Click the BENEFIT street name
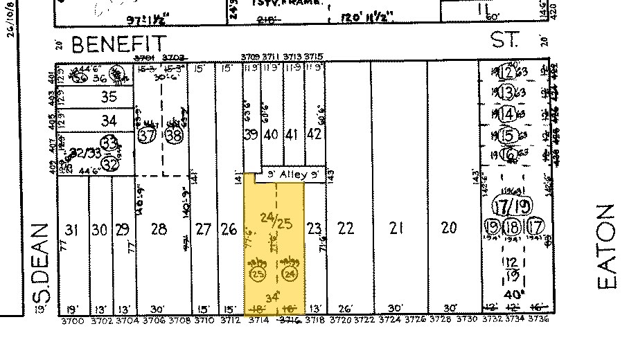point(118,44)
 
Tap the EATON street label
point(605,246)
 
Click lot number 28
point(159,229)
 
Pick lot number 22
point(345,228)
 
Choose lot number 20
point(450,228)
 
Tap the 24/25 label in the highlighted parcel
point(276,222)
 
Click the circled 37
point(146,136)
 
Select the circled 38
point(173,136)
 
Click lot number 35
point(109,98)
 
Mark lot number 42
point(314,134)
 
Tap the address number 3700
point(72,321)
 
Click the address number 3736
point(538,321)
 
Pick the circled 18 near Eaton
point(513,226)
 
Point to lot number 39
point(251,134)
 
